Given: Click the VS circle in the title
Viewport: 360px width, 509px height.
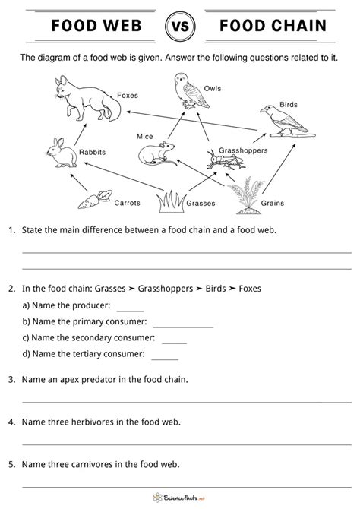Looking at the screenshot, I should [x=179, y=28].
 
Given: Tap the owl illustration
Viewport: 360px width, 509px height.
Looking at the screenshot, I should [x=185, y=91].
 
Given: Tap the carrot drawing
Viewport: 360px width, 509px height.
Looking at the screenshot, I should [x=90, y=201].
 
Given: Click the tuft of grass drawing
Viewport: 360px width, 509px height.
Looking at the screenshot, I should [x=171, y=201].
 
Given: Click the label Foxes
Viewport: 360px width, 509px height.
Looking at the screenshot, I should [x=128, y=96].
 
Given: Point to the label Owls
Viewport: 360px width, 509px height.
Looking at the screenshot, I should [x=213, y=89].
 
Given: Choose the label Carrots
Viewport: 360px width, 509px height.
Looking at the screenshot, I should [x=126, y=204].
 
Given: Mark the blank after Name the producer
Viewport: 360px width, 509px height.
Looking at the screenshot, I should [x=130, y=308].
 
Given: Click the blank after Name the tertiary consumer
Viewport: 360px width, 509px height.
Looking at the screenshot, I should [x=165, y=355].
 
